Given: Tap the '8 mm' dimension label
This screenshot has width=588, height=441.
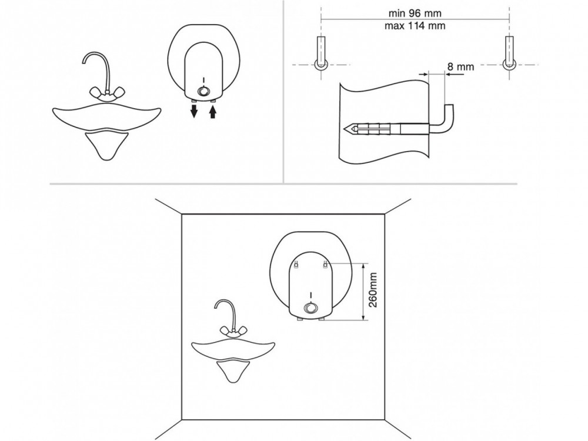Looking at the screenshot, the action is [460, 67].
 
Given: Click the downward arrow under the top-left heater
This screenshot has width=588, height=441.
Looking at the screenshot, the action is [193, 111].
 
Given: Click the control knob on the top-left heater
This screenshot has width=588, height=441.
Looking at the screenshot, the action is [203, 92].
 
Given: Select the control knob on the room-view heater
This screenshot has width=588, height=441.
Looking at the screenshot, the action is [310, 309].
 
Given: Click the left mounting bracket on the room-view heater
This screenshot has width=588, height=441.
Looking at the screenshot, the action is [298, 264].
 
